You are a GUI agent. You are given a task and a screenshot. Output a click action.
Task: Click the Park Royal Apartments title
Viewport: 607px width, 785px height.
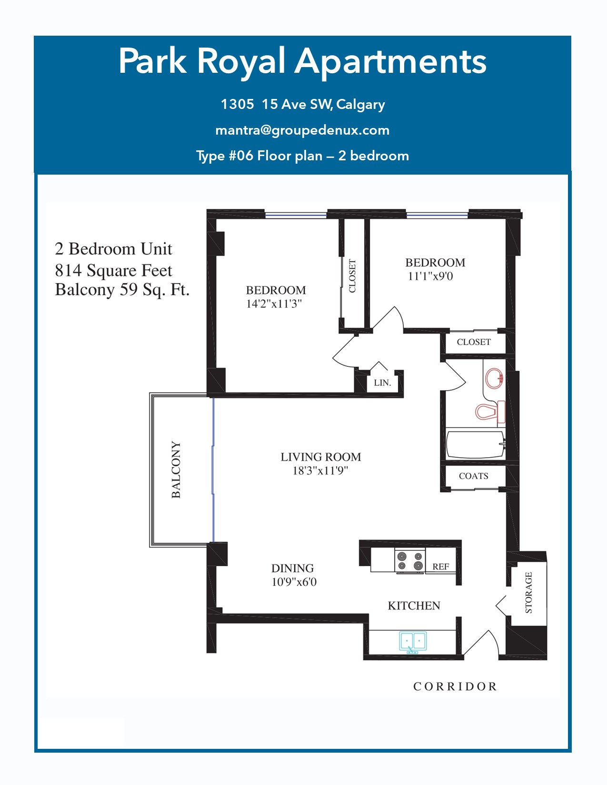pos(303,62)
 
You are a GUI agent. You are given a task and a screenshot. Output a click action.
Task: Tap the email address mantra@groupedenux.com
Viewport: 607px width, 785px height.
pos(303,130)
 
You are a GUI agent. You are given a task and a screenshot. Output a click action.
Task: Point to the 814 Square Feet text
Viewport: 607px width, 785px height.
pos(113,271)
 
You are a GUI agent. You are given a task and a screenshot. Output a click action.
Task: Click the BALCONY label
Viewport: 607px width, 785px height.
pos(176,470)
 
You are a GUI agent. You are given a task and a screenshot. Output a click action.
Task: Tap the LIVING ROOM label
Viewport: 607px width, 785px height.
pos(321,457)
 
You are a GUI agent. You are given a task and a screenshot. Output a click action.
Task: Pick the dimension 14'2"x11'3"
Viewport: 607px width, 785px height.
pos(274,304)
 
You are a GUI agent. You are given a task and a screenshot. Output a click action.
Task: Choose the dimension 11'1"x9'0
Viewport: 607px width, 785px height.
pos(430,276)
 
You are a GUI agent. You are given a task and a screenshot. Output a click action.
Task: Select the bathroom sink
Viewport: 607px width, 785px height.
pos(494,378)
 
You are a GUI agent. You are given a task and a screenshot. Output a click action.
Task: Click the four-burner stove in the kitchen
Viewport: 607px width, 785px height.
pos(409,561)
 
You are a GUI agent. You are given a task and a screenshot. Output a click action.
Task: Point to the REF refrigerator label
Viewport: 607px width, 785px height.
pos(441,567)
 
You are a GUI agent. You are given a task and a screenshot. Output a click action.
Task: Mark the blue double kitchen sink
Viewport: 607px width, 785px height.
pos(413,642)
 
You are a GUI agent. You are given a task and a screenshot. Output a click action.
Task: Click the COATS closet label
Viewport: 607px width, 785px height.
pos(474,476)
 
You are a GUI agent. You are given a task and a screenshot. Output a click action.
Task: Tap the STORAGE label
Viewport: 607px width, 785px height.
pos(528,593)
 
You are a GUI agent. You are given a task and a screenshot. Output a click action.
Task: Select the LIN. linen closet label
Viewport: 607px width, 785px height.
pos(382,383)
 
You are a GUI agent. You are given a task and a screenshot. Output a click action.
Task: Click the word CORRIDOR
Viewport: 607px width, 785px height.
pos(455,687)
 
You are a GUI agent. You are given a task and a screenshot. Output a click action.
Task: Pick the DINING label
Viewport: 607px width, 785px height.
pos(292,568)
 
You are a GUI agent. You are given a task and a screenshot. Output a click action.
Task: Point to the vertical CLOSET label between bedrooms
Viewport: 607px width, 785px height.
pos(352,275)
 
